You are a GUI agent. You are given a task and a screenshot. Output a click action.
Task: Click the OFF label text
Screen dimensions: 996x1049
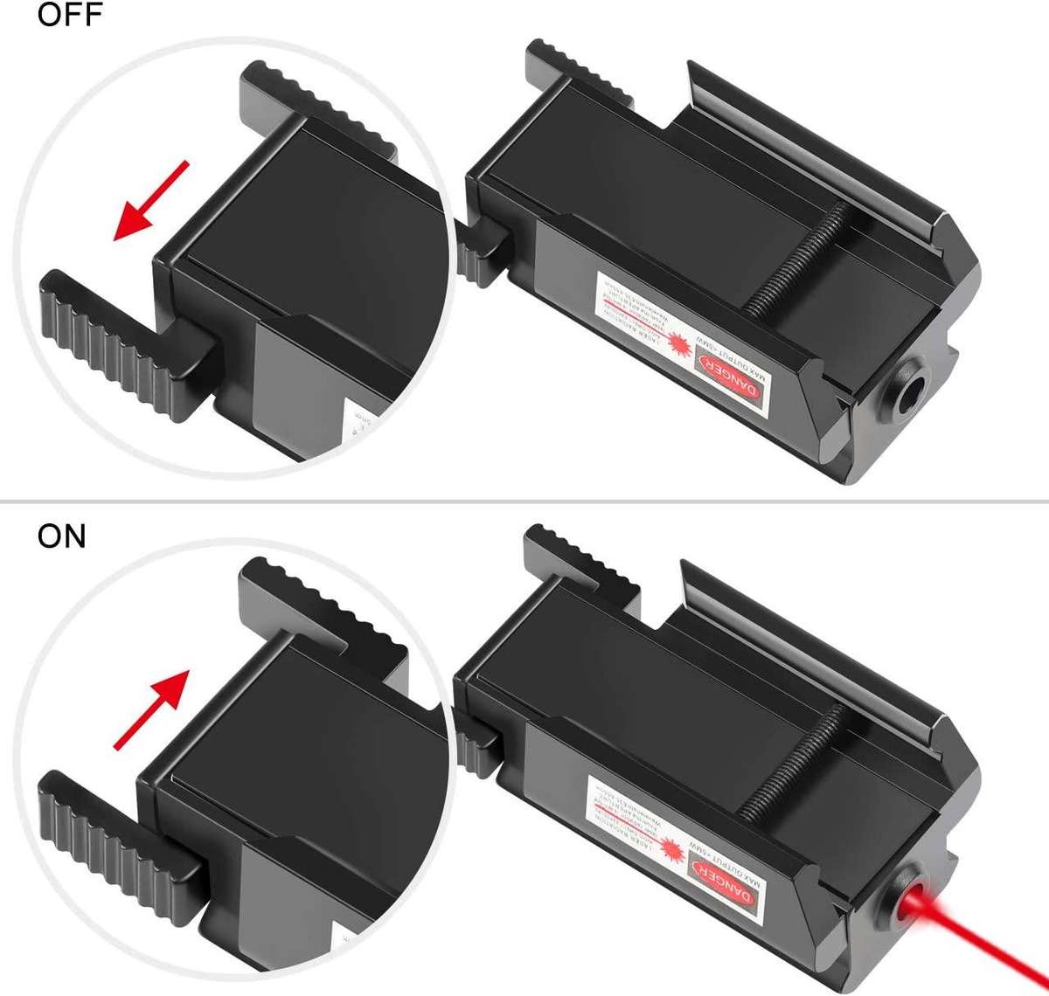click(70, 15)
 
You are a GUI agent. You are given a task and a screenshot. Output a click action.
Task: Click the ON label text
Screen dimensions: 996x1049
click(61, 536)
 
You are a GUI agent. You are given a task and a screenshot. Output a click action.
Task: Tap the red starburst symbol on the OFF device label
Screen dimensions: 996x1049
click(678, 346)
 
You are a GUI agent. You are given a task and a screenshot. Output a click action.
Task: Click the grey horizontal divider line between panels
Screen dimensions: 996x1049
click(524, 501)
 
